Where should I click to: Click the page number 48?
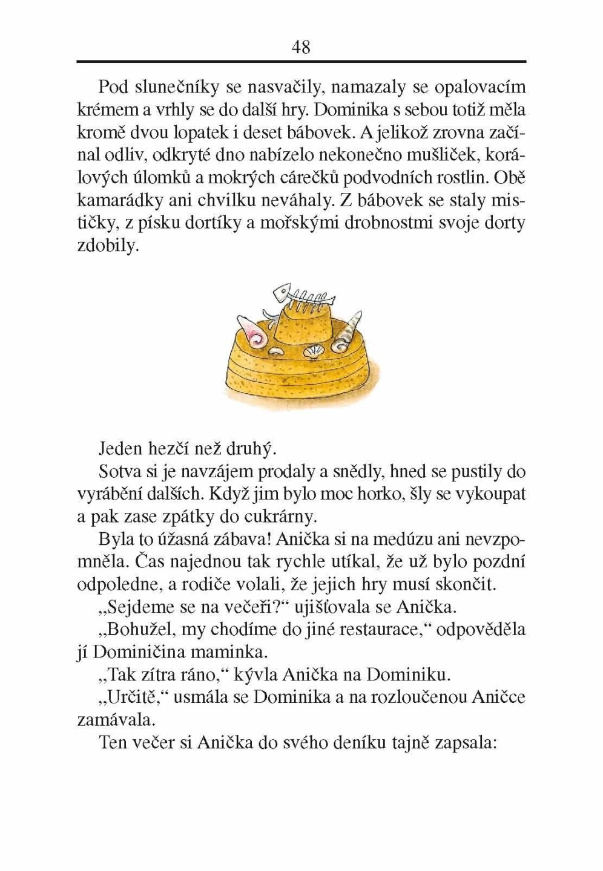tap(301, 47)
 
